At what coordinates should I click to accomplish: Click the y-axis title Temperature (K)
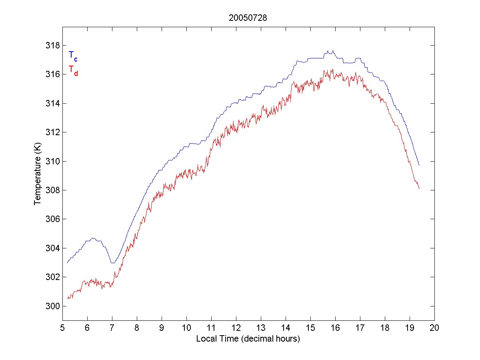[x=38, y=174]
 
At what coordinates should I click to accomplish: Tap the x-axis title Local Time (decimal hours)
[x=248, y=339]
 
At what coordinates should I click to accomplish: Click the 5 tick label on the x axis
[x=62, y=328]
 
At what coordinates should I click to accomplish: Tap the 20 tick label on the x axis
[x=434, y=328]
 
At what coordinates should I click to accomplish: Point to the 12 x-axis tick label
[x=236, y=328]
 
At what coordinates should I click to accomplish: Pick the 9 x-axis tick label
[x=162, y=328]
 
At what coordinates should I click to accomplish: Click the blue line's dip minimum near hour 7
[x=113, y=263]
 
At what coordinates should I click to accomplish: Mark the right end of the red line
[x=419, y=188]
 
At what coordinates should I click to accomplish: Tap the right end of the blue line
[x=419, y=165]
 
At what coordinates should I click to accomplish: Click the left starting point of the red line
[x=68, y=298]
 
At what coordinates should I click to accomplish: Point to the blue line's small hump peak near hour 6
[x=93, y=238]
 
